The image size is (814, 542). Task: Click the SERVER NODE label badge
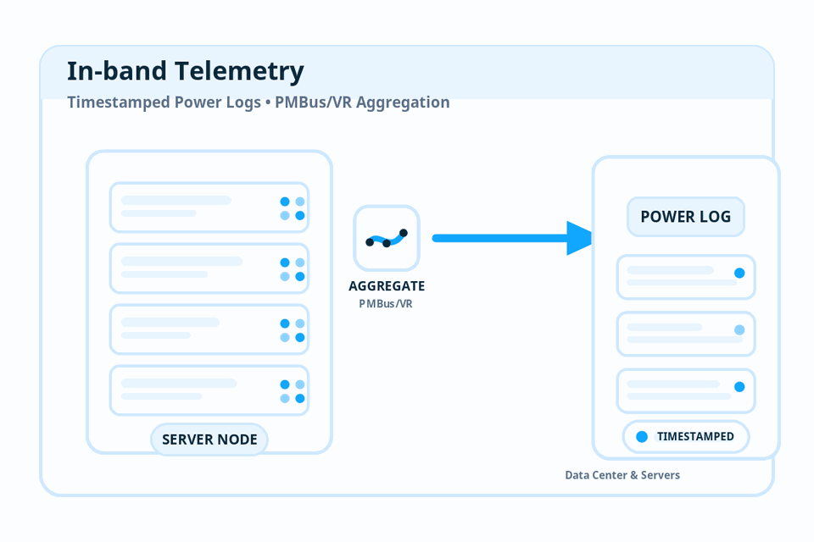click(x=209, y=440)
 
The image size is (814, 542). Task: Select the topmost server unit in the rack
click(x=209, y=207)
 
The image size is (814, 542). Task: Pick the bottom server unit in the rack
click(x=209, y=390)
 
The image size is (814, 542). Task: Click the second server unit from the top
click(x=209, y=268)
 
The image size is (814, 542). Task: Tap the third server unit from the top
click(x=209, y=329)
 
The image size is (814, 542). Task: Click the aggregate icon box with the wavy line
click(x=387, y=239)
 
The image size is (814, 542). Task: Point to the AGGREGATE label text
click(x=387, y=286)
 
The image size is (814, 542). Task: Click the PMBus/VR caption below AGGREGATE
click(x=387, y=303)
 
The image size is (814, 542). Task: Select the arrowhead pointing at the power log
click(x=580, y=238)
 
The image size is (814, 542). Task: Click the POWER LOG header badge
click(x=685, y=217)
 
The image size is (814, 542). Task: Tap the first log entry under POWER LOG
click(x=685, y=277)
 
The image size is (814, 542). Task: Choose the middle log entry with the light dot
click(x=685, y=334)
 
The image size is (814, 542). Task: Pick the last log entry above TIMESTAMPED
click(x=685, y=390)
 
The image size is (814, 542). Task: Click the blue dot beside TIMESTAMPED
click(x=642, y=437)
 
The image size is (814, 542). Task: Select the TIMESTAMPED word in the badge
click(x=695, y=437)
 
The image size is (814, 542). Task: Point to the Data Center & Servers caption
click(x=622, y=475)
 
